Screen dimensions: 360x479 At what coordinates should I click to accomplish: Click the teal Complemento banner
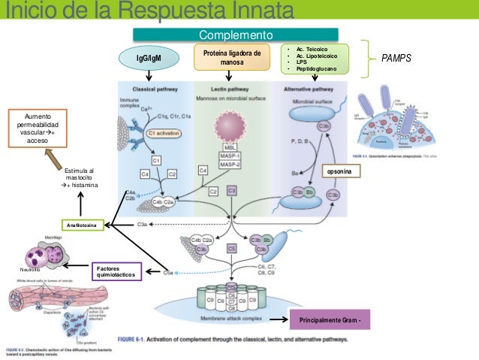click(235, 35)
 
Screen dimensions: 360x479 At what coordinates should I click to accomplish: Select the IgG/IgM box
click(148, 58)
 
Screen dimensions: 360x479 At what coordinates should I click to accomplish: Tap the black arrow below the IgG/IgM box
click(149, 75)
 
